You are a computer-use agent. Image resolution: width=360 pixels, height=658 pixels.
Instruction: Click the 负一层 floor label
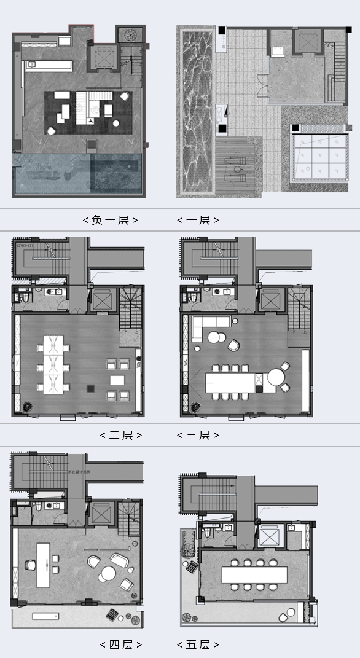tap(110, 220)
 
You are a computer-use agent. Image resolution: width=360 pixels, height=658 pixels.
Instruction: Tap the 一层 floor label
tap(198, 220)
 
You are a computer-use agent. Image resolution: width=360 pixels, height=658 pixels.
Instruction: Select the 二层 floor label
tap(120, 435)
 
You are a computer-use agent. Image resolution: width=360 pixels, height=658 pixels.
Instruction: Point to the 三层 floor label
tap(198, 435)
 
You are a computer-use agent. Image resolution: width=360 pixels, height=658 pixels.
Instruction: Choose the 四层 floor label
tap(120, 644)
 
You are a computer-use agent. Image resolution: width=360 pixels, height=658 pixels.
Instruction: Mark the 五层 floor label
tap(198, 644)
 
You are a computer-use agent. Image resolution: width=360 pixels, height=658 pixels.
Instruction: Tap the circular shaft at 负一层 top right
tap(130, 34)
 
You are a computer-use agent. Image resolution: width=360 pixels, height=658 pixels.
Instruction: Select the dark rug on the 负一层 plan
tap(88, 112)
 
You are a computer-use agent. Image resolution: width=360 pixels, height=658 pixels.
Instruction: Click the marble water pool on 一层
tap(195, 111)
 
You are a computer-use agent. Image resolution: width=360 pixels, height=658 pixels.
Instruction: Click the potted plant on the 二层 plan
tap(28, 406)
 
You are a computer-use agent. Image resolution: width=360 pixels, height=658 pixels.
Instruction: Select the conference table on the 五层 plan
tap(254, 575)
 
